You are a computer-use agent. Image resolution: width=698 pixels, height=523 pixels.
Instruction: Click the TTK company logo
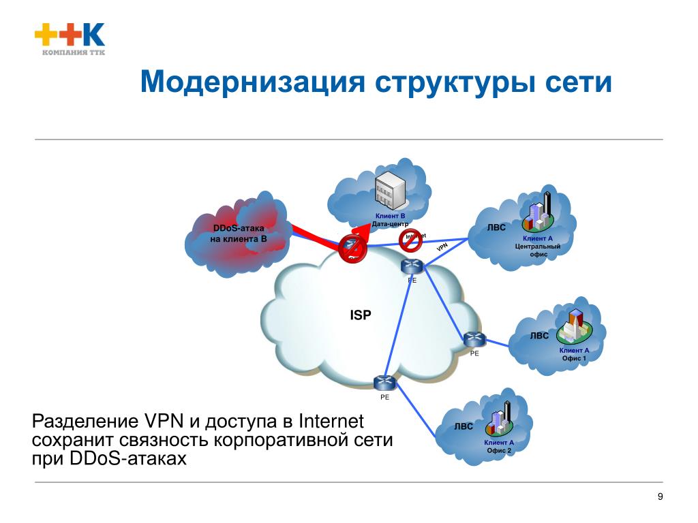[70, 39]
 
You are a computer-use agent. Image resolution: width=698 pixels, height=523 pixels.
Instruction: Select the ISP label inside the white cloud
[361, 315]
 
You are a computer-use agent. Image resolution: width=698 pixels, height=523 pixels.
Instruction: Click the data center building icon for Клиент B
[390, 191]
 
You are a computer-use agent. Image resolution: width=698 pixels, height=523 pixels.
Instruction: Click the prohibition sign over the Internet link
[410, 238]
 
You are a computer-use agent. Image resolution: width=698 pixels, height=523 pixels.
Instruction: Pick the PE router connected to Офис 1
[473, 338]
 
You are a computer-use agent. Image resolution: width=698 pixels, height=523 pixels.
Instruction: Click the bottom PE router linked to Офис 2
[384, 383]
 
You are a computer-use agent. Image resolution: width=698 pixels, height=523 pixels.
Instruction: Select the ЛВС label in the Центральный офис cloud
[496, 227]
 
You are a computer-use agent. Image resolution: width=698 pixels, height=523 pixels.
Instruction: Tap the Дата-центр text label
[390, 223]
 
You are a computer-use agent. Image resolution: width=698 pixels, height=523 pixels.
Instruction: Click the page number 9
[660, 496]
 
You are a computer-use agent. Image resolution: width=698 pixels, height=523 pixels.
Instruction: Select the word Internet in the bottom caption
[332, 421]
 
